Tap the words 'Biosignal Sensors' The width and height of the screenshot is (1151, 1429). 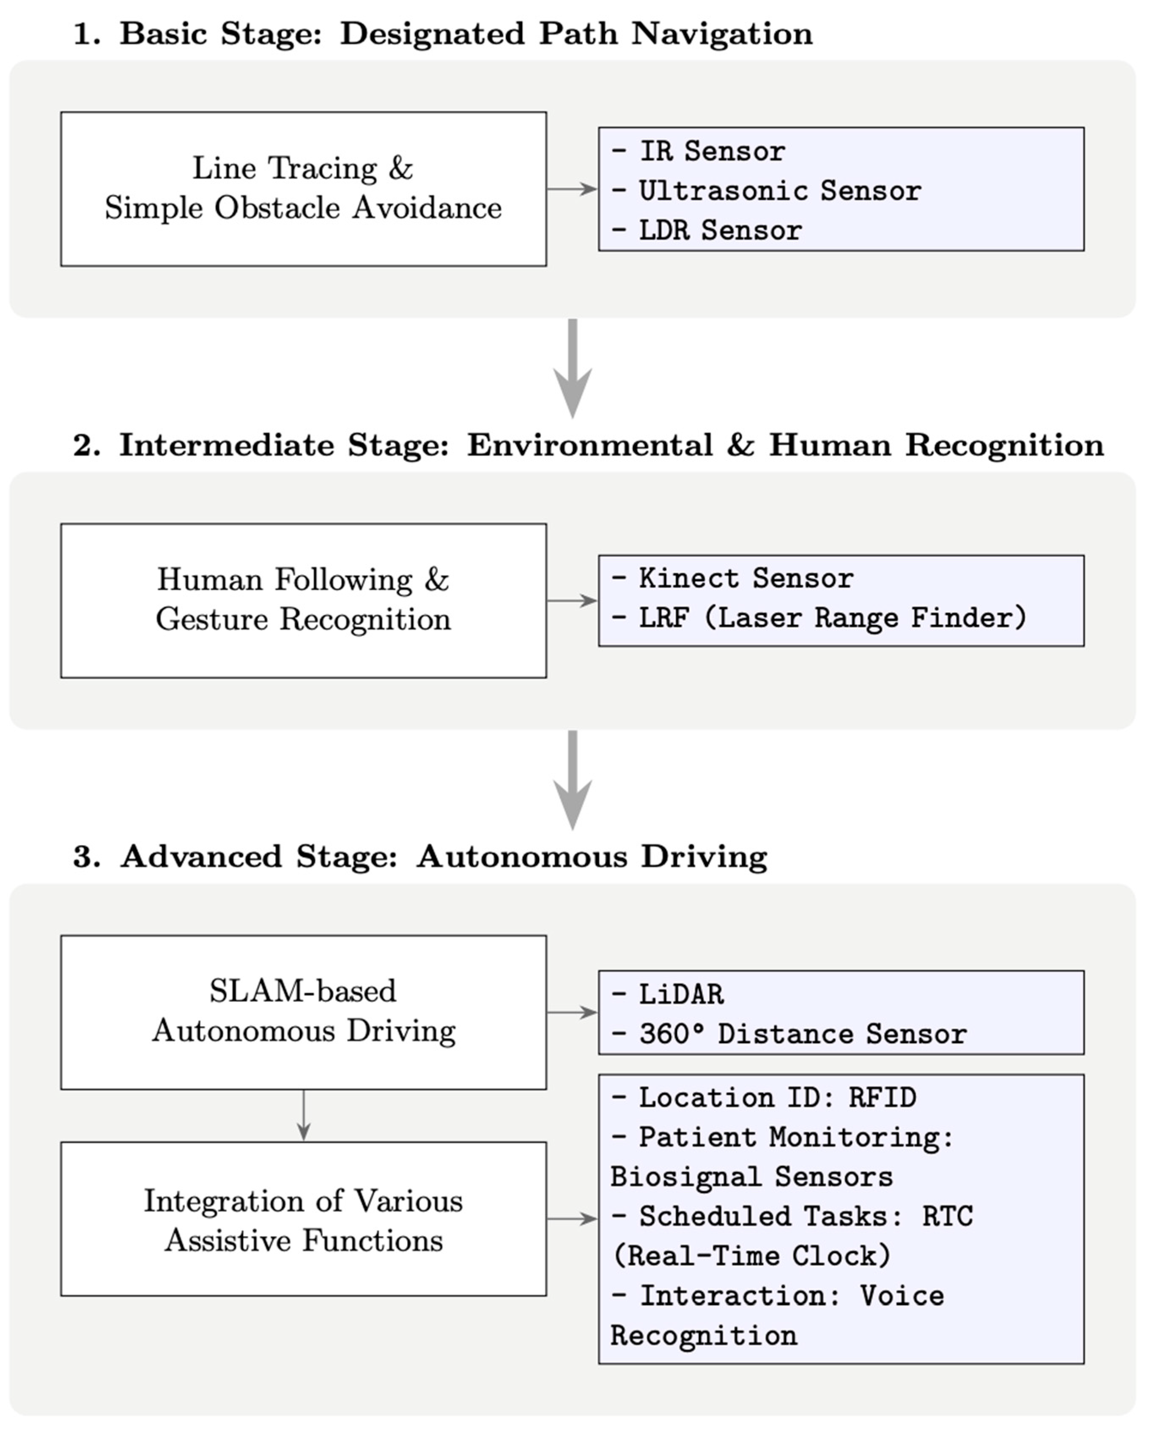(751, 1178)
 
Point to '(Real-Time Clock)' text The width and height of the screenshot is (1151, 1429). (751, 1256)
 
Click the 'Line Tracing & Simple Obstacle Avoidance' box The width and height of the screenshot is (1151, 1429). (303, 189)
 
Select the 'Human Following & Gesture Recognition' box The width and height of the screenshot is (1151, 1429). (303, 600)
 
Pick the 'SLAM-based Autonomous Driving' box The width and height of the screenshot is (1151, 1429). (303, 1012)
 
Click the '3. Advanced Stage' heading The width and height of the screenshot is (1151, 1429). (420, 856)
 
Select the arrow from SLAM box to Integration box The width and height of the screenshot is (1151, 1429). (303, 1115)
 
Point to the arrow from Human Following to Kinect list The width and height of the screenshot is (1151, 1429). (572, 600)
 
